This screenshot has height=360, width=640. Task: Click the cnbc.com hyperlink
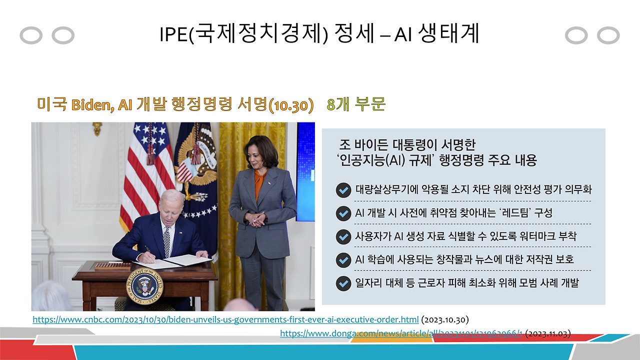pyautogui.click(x=225, y=319)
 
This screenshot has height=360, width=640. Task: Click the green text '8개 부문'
pyautogui.click(x=356, y=104)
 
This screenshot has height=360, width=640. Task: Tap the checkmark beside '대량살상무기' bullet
pyautogui.click(x=343, y=190)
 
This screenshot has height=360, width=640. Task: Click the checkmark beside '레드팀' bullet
pyautogui.click(x=343, y=213)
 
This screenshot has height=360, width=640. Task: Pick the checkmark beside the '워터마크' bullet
pyautogui.click(x=343, y=236)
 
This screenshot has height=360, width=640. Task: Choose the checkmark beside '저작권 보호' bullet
pyautogui.click(x=343, y=260)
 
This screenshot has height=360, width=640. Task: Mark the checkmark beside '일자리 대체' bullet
pyautogui.click(x=343, y=283)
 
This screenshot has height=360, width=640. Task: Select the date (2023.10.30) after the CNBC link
pyautogui.click(x=445, y=319)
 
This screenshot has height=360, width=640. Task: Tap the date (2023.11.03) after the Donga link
pyautogui.click(x=548, y=333)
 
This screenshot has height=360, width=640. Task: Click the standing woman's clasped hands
pyautogui.click(x=258, y=218)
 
